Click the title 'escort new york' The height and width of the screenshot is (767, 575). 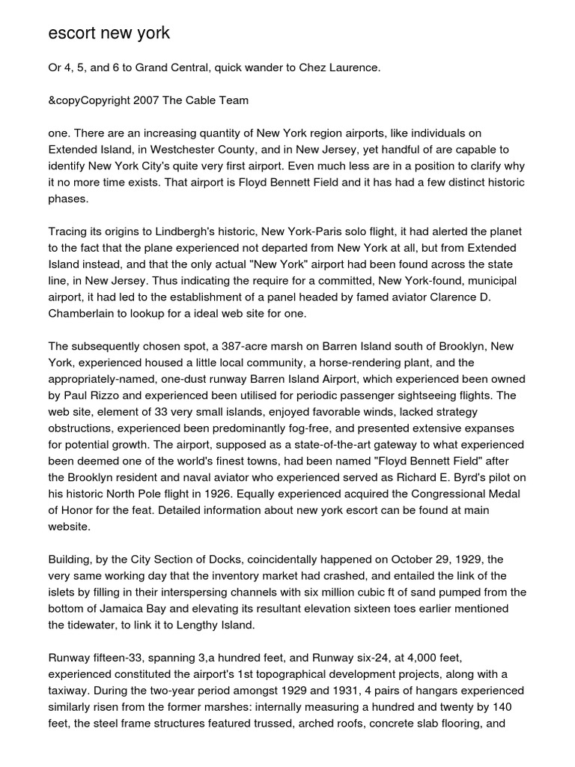[109, 33]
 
